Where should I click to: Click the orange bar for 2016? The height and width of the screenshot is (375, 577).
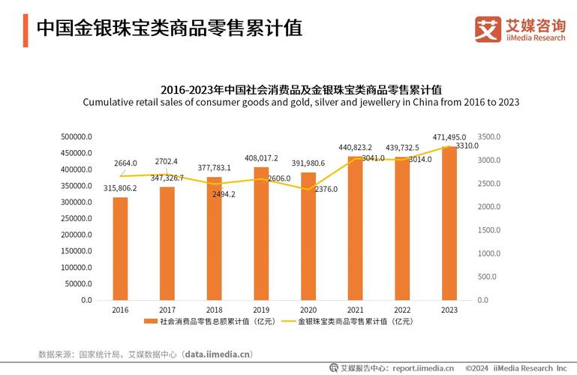[x=120, y=248]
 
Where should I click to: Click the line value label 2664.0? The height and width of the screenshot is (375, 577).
[x=125, y=163]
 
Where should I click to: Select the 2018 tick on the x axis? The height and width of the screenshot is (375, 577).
[x=214, y=310]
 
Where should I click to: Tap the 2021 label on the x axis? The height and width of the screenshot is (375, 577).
[x=355, y=310]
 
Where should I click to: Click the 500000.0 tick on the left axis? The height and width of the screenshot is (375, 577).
[x=76, y=137]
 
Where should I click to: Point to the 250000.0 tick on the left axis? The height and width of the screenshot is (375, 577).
[x=76, y=218]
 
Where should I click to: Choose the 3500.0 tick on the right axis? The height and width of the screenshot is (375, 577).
[x=488, y=137]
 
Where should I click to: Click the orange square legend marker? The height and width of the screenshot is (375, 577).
[x=152, y=322]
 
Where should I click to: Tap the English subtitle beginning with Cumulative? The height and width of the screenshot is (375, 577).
[x=301, y=102]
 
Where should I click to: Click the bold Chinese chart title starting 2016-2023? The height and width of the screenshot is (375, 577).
[x=301, y=88]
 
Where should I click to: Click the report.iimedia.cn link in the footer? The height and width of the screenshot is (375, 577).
[x=423, y=368]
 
